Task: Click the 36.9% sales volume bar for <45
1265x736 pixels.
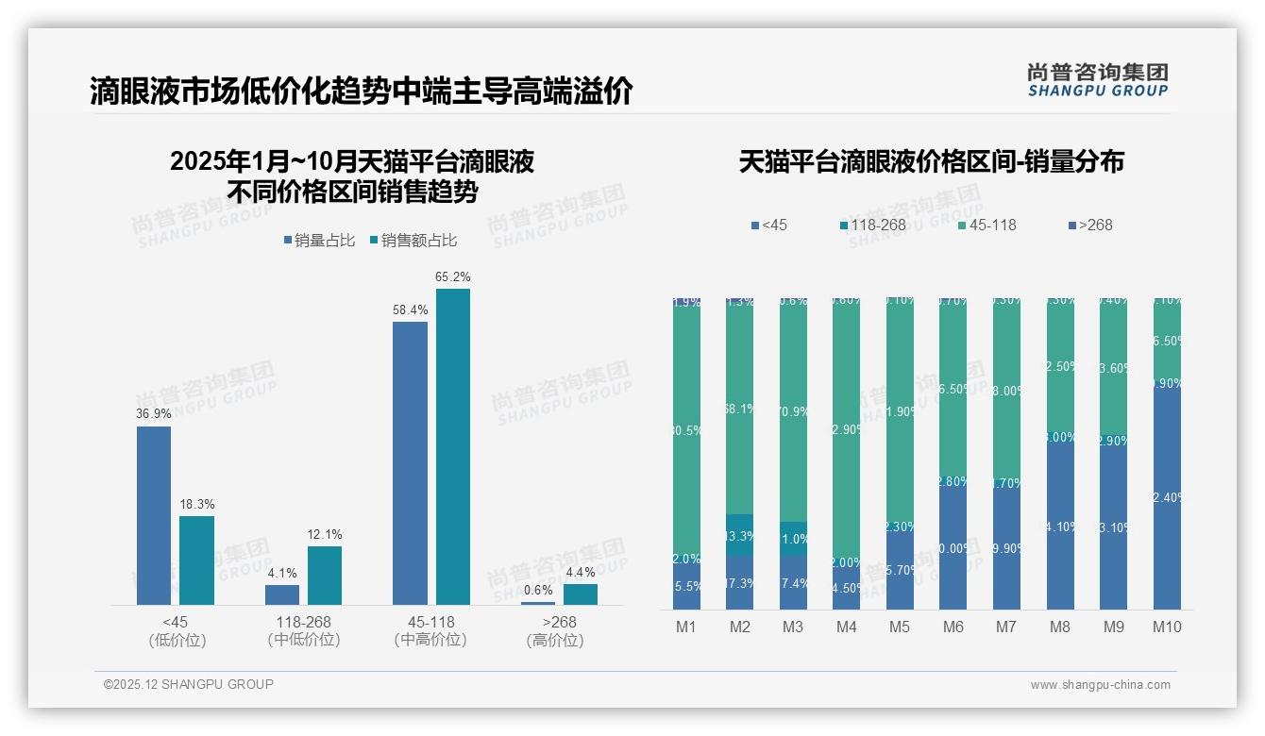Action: click(154, 515)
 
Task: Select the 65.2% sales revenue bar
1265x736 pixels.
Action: click(452, 446)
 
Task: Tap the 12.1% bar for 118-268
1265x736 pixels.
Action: click(325, 575)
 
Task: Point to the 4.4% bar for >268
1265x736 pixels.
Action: click(581, 594)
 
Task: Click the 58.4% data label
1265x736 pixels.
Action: click(411, 309)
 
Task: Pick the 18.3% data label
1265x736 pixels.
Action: click(197, 504)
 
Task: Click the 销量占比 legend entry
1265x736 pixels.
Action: click(319, 241)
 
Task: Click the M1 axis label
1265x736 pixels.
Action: click(686, 627)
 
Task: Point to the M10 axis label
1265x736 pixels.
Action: click(1167, 627)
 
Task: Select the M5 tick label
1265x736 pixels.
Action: click(900, 627)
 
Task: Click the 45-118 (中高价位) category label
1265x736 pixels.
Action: click(430, 631)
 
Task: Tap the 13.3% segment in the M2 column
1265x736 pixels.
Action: click(740, 535)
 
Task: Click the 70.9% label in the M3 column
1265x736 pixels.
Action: click(793, 410)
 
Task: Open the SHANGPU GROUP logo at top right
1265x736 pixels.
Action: click(1097, 80)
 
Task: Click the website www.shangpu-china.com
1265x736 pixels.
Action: click(1100, 685)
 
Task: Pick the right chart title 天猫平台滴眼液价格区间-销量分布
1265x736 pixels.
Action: click(931, 162)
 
